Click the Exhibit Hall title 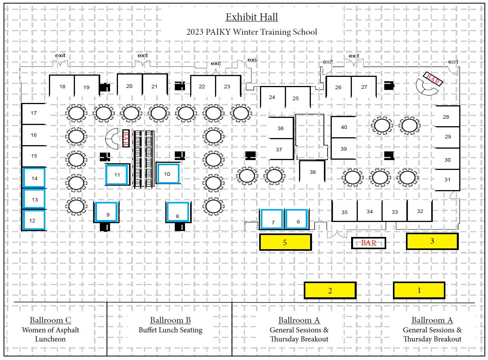(x=252, y=17)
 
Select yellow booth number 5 (x=285, y=242)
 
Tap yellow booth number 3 (x=432, y=241)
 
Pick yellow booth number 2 (x=330, y=290)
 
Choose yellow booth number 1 (x=419, y=290)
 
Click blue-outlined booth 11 (x=117, y=175)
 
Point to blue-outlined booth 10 (x=168, y=174)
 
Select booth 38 (x=312, y=172)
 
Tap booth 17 (x=34, y=113)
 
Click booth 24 (x=272, y=97)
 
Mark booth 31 (x=447, y=180)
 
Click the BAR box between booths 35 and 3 (x=368, y=243)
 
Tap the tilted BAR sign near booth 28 (x=433, y=79)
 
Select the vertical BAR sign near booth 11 (x=126, y=138)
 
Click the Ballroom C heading (x=50, y=320)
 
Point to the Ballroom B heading (x=170, y=320)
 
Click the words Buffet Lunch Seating (x=170, y=330)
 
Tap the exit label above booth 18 (x=60, y=56)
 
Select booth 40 (x=344, y=127)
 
